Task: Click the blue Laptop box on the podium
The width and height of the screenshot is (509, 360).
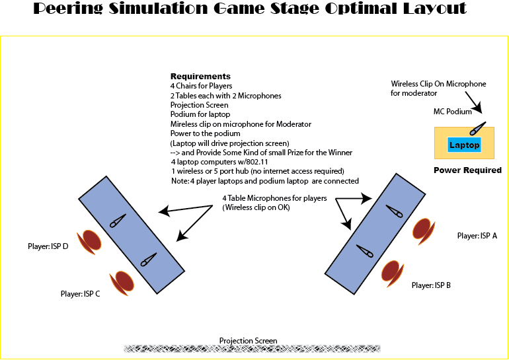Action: pyautogui.click(x=464, y=144)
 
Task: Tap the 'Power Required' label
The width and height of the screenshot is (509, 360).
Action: pyautogui.click(x=467, y=170)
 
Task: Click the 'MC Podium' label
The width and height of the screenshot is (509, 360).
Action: pyautogui.click(x=453, y=112)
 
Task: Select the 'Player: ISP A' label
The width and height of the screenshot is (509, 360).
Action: pyautogui.click(x=477, y=236)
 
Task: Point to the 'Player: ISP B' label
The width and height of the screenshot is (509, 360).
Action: pyautogui.click(x=431, y=285)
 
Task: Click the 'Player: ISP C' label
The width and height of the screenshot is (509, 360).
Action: pyautogui.click(x=80, y=294)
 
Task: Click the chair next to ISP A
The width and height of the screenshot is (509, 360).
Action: pyautogui.click(x=423, y=229)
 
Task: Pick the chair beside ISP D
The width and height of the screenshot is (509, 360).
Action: pyautogui.click(x=90, y=242)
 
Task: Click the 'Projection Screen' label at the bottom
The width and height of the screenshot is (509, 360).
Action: pyautogui.click(x=248, y=341)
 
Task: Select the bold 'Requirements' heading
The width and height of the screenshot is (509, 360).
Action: pyautogui.click(x=200, y=77)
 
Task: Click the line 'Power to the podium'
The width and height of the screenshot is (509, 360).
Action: pyautogui.click(x=205, y=133)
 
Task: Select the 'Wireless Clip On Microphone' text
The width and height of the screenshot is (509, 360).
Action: pyautogui.click(x=438, y=84)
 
